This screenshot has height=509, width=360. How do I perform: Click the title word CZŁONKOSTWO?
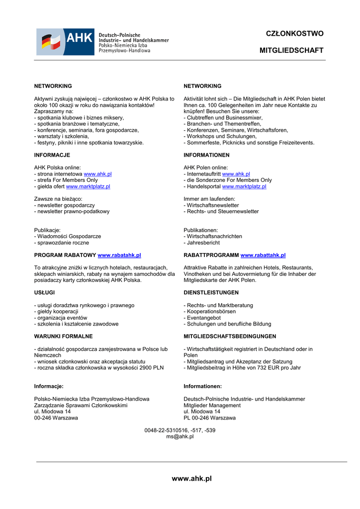click(294, 34)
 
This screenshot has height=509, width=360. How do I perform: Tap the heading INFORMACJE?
click(52, 155)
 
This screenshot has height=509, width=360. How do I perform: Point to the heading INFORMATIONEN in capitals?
click(206, 155)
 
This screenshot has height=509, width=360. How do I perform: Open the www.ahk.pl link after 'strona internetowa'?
click(97, 174)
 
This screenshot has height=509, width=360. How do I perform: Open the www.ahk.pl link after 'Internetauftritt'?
click(236, 174)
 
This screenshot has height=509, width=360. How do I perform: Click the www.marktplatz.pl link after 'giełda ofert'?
click(88, 186)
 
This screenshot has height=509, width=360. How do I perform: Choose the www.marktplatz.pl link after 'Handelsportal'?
click(244, 186)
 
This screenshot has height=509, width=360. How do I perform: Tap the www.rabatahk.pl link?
click(119, 255)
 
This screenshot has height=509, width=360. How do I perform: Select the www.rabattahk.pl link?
click(263, 255)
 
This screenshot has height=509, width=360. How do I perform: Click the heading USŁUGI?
click(44, 292)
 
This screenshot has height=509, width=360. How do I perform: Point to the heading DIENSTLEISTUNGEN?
click(211, 292)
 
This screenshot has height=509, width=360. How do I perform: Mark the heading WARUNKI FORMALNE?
click(63, 336)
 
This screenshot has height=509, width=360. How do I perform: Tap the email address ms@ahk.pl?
click(180, 436)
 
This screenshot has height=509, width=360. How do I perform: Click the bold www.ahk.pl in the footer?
click(191, 479)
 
